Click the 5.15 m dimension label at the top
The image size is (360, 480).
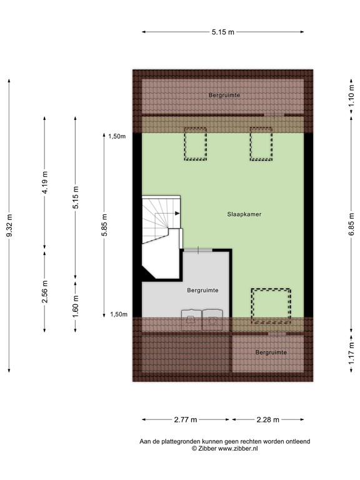(222, 32)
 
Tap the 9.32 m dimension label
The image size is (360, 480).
(9, 225)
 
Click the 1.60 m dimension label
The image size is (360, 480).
(75, 306)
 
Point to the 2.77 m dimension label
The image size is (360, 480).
(186, 419)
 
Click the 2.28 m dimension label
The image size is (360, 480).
(268, 419)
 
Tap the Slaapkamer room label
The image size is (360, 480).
(244, 214)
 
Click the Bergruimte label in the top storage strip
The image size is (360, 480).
(224, 94)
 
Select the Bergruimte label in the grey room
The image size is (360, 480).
(202, 291)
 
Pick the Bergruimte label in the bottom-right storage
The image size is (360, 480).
(271, 352)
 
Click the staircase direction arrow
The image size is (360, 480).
(177, 214)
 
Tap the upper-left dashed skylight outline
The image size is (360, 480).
(195, 144)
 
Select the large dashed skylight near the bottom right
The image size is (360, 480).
(271, 304)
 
